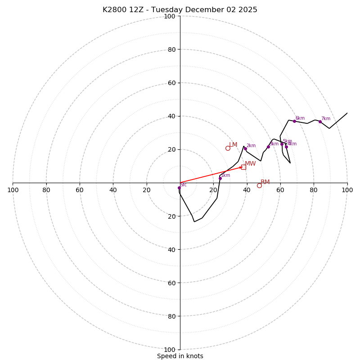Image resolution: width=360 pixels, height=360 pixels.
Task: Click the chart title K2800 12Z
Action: point(180,10)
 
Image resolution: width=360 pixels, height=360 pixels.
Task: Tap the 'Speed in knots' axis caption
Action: point(180,356)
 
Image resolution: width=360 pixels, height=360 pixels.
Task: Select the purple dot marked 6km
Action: point(295,121)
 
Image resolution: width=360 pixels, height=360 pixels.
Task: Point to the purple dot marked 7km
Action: point(320,121)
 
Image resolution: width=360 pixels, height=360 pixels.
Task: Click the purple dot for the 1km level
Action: point(220,179)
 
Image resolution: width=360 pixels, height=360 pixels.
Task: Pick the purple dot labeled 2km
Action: point(245,148)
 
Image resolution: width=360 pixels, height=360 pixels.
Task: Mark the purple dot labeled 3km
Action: point(268,147)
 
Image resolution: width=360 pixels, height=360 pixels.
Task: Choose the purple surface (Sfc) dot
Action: point(179,188)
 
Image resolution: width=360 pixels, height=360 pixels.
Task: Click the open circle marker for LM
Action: point(228,148)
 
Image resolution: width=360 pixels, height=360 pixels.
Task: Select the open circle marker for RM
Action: point(259,185)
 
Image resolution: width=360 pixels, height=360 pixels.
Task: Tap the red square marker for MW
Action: point(243,167)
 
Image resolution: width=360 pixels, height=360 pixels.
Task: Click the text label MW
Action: point(250,164)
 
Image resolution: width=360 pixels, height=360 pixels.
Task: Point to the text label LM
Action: point(233,145)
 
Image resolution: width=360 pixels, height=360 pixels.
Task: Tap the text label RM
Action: point(265,182)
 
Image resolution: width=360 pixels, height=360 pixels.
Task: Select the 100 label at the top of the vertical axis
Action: point(170,17)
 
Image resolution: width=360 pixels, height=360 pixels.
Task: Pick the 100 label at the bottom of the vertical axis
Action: point(170,350)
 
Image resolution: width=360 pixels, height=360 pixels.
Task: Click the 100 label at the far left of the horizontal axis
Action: point(13,190)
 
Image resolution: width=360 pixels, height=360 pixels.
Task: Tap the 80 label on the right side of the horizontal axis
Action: point(314,190)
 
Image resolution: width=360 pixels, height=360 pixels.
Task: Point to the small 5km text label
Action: point(287,141)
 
